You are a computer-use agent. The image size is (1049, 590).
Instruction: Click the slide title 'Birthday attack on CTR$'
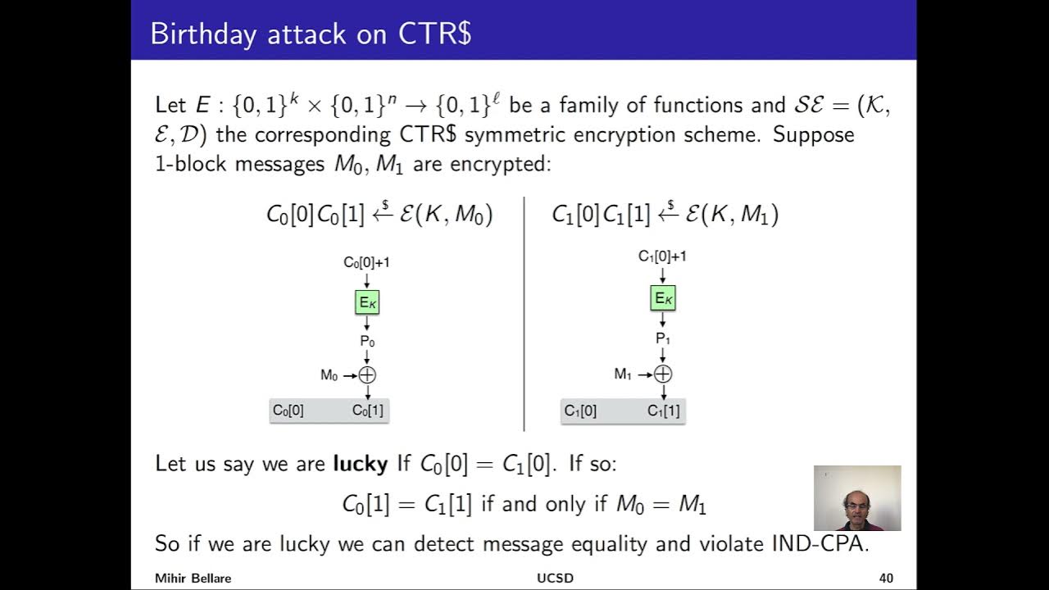(311, 34)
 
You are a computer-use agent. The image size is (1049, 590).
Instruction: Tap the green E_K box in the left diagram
(367, 302)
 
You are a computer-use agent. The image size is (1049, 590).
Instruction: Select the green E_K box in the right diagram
(663, 298)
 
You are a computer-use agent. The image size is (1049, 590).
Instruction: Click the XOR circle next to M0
(367, 374)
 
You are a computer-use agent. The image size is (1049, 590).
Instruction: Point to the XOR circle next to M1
(663, 374)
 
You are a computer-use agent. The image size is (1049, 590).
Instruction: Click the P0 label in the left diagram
(367, 341)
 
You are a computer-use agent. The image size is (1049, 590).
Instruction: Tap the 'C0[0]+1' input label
(366, 262)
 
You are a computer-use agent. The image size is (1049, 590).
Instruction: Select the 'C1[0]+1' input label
(662, 256)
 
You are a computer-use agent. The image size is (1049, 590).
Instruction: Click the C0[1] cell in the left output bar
(367, 411)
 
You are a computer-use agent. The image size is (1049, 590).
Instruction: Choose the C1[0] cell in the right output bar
(580, 411)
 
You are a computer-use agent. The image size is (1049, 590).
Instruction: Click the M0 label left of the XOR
(329, 375)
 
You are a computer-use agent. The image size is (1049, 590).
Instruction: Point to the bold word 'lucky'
(360, 464)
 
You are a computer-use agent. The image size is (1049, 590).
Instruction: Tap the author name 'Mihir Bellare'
(193, 579)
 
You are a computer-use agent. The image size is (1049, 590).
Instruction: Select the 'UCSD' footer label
(555, 579)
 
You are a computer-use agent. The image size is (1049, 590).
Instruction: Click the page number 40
(886, 579)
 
